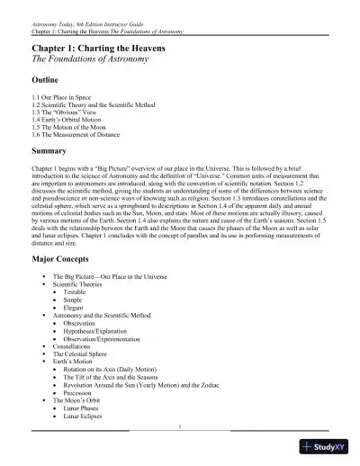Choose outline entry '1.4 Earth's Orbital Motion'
tap(67, 120)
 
